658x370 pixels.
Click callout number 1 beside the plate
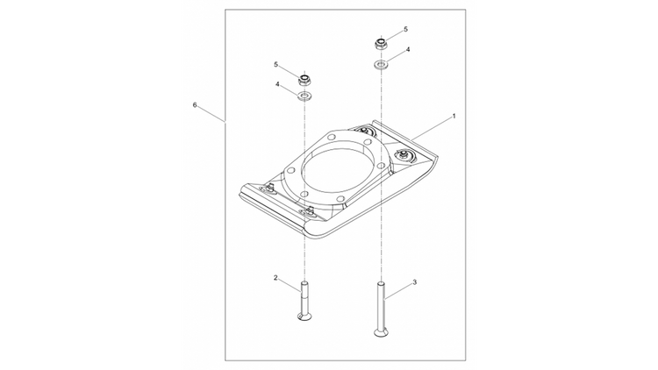click(x=454, y=116)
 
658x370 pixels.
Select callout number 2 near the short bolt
click(x=275, y=278)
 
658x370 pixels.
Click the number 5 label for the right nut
click(x=405, y=30)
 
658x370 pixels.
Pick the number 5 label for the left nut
click(x=275, y=64)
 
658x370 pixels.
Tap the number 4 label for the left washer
click(x=277, y=85)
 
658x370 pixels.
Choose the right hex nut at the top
click(x=382, y=41)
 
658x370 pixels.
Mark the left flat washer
click(x=306, y=95)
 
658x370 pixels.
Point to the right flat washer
click(x=382, y=64)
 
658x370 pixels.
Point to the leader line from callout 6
click(x=211, y=113)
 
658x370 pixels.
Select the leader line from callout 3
click(x=400, y=288)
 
